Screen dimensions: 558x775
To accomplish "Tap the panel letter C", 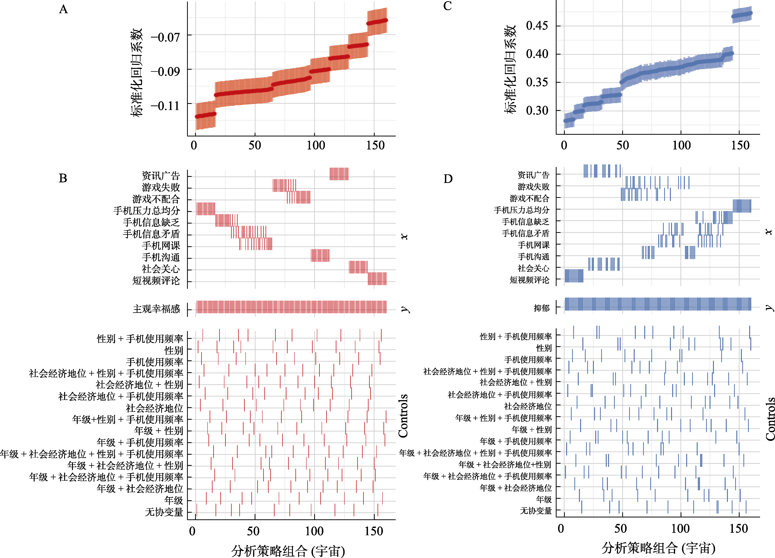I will (x=447, y=6).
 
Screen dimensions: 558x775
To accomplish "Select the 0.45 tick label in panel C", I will (x=537, y=26).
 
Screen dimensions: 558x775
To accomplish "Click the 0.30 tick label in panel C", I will (x=537, y=111).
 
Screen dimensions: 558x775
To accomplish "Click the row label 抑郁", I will (x=542, y=308).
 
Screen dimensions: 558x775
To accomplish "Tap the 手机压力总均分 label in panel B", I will (x=147, y=211).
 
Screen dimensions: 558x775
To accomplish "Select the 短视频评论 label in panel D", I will (x=529, y=280).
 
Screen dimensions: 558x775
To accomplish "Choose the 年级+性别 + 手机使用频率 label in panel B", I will (x=128, y=419).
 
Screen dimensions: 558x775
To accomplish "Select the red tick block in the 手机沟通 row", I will (x=320, y=255).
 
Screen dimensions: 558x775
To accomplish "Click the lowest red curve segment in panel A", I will (x=205, y=115).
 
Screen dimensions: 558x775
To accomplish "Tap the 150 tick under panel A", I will (x=375, y=145).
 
